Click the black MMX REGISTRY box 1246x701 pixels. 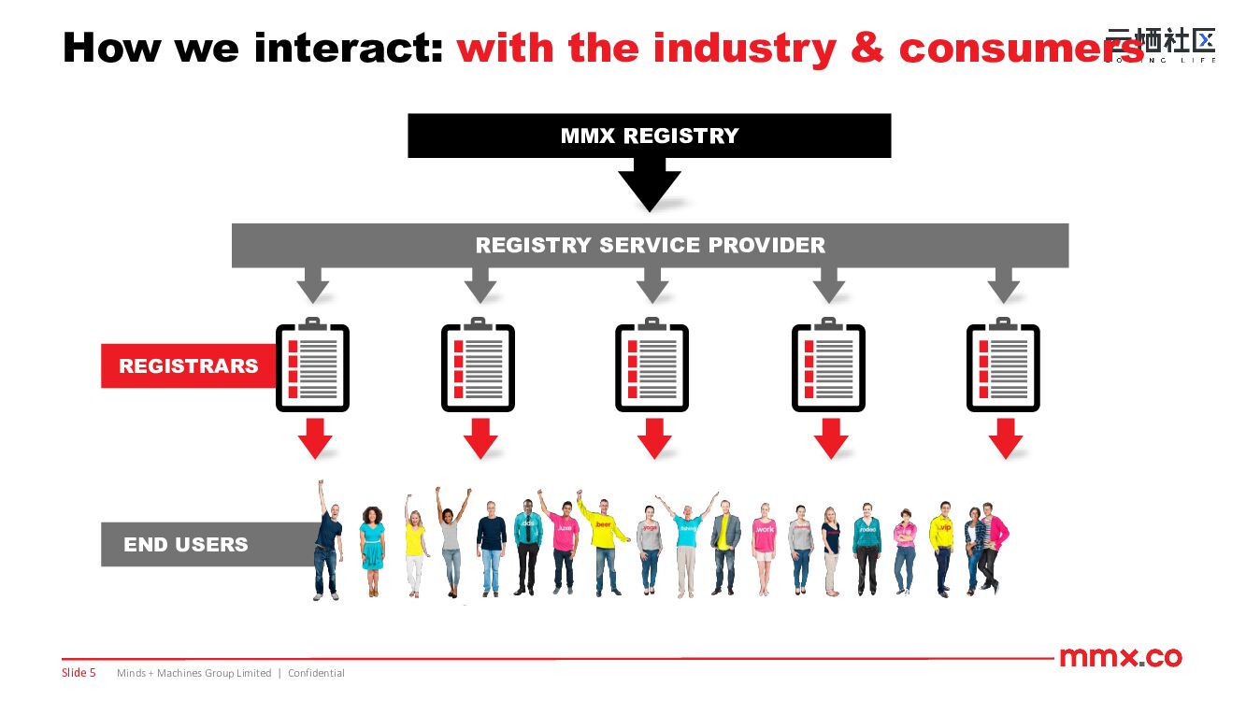point(649,136)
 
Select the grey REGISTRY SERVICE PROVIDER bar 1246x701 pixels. point(650,245)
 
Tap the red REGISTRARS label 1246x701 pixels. point(188,365)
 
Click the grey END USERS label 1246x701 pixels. point(186,544)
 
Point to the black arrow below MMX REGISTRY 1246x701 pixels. point(650,183)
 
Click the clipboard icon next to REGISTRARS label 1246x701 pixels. point(312,367)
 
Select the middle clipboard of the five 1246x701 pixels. point(652,367)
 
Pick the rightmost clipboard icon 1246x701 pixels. point(1003,367)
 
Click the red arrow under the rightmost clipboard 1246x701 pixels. point(1006,437)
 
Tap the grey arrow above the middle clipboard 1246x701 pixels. point(652,285)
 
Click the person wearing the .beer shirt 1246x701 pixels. point(604,542)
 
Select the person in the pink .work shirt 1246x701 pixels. point(765,547)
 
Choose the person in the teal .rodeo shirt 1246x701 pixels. point(867,547)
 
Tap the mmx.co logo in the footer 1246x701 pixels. point(1120,657)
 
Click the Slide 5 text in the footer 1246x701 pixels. point(79,673)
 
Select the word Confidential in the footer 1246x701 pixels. point(316,673)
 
